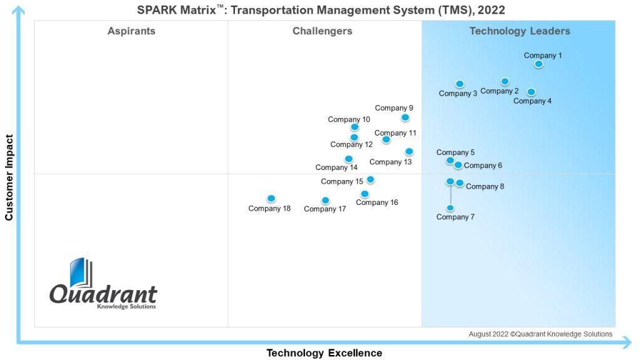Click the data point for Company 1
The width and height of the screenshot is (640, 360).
(539, 64)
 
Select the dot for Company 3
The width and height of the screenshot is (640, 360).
(459, 84)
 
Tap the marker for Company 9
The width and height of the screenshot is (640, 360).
(405, 117)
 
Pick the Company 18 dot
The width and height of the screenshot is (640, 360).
(271, 199)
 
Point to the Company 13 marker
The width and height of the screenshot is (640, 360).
(409, 152)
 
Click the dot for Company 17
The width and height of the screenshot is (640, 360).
(325, 201)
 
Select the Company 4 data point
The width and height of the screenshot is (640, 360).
(531, 92)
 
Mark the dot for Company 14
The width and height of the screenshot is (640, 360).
(349, 159)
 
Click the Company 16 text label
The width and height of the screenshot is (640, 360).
(377, 202)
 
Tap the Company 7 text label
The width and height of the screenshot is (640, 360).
(455, 217)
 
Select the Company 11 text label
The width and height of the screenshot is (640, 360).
(395, 133)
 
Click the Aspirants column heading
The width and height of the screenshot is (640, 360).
(131, 31)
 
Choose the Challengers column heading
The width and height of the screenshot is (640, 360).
(322, 31)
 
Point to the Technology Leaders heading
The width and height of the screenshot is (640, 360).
(519, 31)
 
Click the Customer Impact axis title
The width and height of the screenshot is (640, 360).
(9, 177)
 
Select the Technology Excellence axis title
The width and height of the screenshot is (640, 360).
(324, 353)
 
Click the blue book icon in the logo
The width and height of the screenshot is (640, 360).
(81, 272)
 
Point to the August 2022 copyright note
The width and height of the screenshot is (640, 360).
(541, 334)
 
